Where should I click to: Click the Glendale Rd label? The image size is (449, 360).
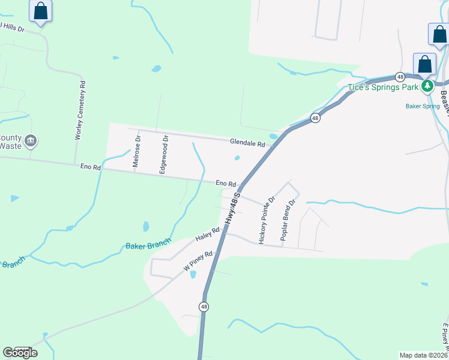[x=247, y=143]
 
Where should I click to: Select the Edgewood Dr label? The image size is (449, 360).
[x=163, y=155]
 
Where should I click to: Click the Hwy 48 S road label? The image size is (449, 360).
[x=233, y=209]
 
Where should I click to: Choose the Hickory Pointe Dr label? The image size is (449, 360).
[x=267, y=220]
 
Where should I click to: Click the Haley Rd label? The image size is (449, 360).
[x=208, y=234]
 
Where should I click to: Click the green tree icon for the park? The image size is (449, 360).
[x=427, y=86]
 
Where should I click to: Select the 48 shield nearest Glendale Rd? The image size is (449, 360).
[x=315, y=118]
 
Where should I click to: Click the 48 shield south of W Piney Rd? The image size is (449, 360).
[x=205, y=307]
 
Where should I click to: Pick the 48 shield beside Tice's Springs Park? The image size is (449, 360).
[x=400, y=76]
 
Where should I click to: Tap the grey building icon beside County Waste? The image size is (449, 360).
[x=31, y=142]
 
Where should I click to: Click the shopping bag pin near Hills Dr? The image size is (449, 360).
[x=41, y=11]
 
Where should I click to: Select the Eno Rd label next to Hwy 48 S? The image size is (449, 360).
[x=226, y=183]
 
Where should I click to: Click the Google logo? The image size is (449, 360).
[x=20, y=353]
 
